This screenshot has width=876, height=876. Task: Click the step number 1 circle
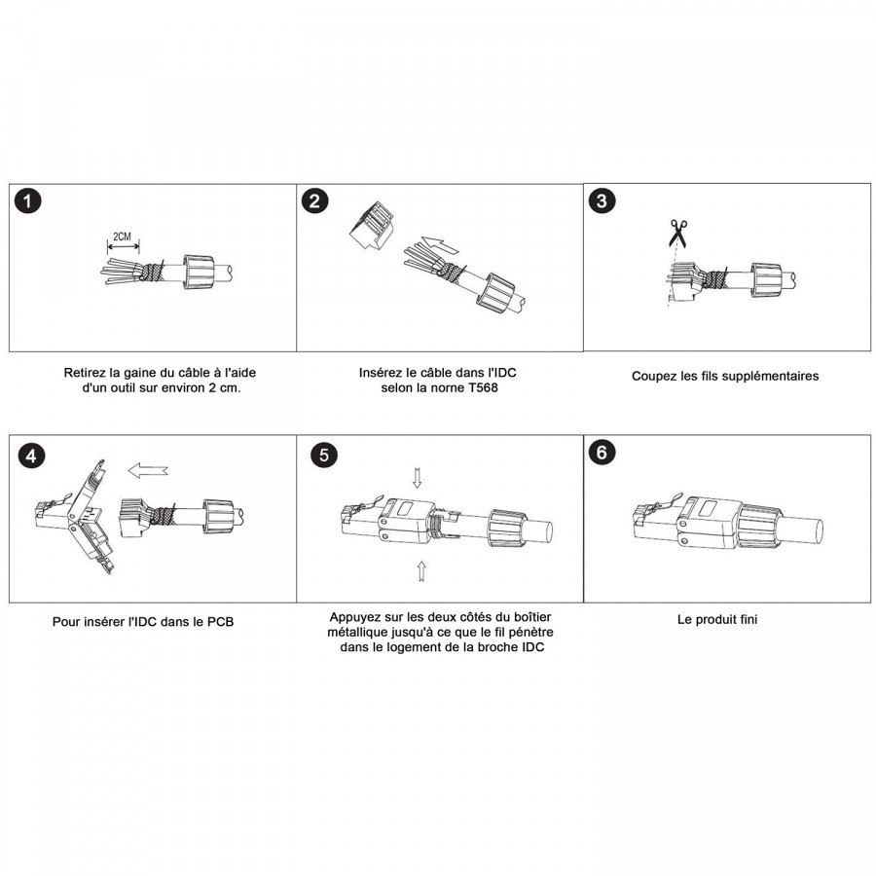28,201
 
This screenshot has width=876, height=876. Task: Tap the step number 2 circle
314,201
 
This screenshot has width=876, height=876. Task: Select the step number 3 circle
602,201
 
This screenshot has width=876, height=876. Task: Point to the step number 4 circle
31,456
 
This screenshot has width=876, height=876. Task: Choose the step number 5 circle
324,455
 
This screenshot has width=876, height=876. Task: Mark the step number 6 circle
602,453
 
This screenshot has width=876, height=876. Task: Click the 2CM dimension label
122,237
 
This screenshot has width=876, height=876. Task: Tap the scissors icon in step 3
678,234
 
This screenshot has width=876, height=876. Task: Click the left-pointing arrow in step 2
441,244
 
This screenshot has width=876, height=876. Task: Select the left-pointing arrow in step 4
148,470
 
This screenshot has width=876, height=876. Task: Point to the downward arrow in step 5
417,478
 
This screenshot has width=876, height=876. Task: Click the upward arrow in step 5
421,571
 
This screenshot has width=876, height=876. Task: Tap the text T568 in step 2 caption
482,387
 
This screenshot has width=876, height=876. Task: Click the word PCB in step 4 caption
220,622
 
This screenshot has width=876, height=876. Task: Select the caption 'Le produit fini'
717,620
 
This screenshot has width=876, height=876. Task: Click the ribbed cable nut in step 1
199,272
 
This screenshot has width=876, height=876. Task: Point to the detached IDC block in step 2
372,226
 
